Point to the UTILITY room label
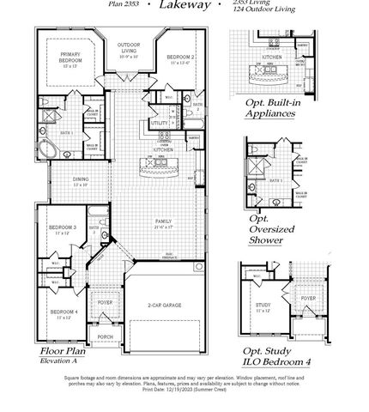point(160,124)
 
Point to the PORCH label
point(105,337)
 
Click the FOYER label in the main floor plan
point(105,302)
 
